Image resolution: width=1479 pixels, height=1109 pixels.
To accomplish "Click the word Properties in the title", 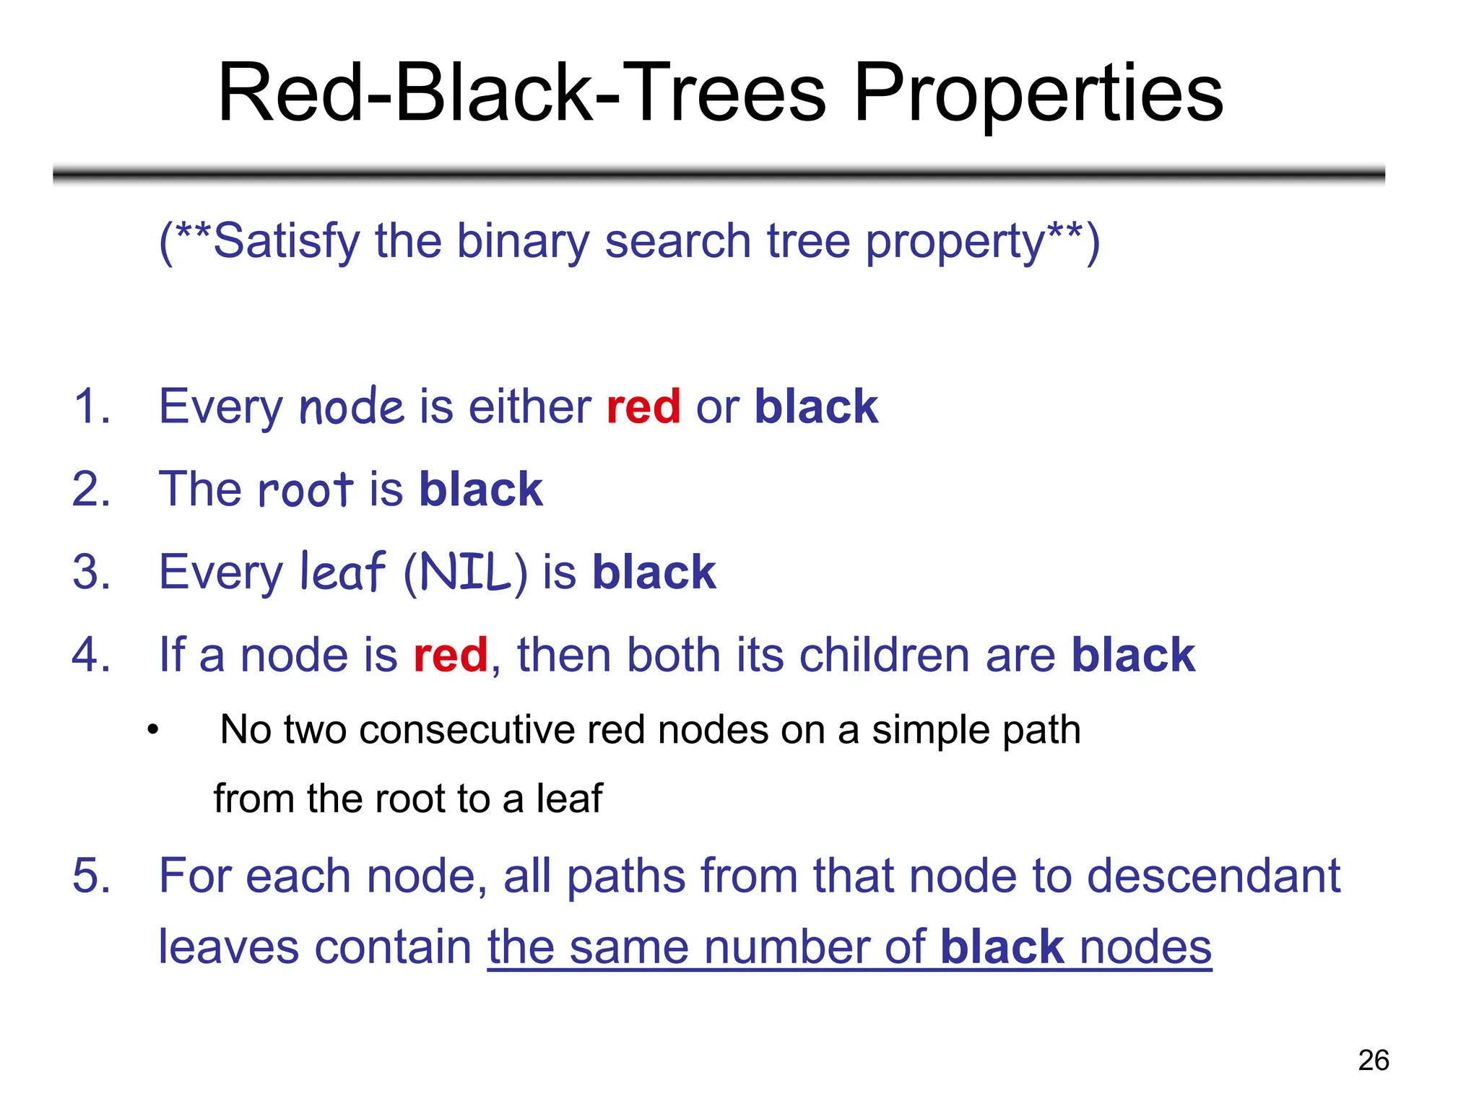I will (x=1038, y=94).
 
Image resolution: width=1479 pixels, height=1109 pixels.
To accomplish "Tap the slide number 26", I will (x=1373, y=1060).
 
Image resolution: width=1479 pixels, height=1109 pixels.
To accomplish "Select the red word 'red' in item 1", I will (x=643, y=406).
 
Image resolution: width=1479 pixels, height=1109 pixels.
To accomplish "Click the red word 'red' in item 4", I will (x=450, y=655).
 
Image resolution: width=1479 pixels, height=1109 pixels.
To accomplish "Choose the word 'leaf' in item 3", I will (x=342, y=572).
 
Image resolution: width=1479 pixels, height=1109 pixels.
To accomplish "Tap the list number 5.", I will (x=92, y=876).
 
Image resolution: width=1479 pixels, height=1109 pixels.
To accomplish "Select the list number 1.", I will (x=92, y=406).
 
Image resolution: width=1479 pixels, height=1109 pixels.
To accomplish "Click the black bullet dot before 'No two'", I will (x=152, y=731).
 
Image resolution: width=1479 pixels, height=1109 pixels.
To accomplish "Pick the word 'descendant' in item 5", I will (x=1213, y=876).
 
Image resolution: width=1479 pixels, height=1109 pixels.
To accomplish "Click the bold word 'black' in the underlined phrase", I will (x=1002, y=947).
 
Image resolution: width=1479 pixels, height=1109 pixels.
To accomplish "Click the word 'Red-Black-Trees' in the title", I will (x=521, y=94).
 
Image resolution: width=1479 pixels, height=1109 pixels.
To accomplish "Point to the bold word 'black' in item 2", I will (x=480, y=490).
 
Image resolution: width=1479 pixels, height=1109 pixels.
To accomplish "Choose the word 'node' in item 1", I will (x=351, y=406).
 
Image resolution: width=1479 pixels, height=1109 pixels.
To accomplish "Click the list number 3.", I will (x=92, y=572).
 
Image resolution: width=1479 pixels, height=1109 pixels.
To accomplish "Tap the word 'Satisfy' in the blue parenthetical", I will (x=286, y=242).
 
